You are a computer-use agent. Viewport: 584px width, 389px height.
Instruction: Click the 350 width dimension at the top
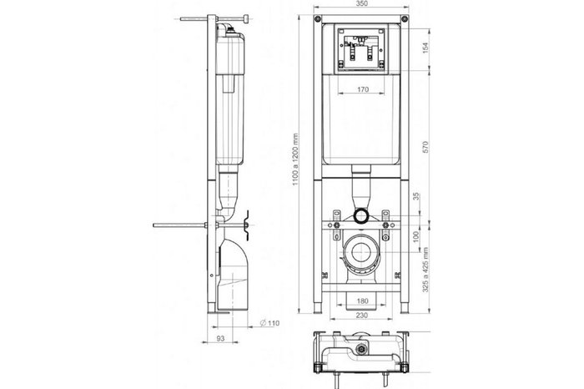coord(361,3)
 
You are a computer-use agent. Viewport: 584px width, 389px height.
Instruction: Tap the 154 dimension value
coord(425,48)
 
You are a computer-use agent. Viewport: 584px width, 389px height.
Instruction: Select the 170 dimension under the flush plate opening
coord(362,89)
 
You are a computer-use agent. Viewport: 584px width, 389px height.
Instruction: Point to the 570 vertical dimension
coord(425,147)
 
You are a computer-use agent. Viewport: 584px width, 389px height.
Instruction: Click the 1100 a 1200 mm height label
coord(295,159)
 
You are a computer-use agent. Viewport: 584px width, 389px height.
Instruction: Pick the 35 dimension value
coord(416,196)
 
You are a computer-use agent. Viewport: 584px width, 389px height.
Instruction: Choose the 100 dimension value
coord(416,236)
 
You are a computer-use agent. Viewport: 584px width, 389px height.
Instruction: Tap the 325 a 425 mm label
coord(425,270)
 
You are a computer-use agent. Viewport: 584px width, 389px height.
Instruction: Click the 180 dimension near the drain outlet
coord(362,301)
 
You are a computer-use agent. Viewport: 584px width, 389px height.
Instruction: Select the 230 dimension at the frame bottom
coord(361,315)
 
